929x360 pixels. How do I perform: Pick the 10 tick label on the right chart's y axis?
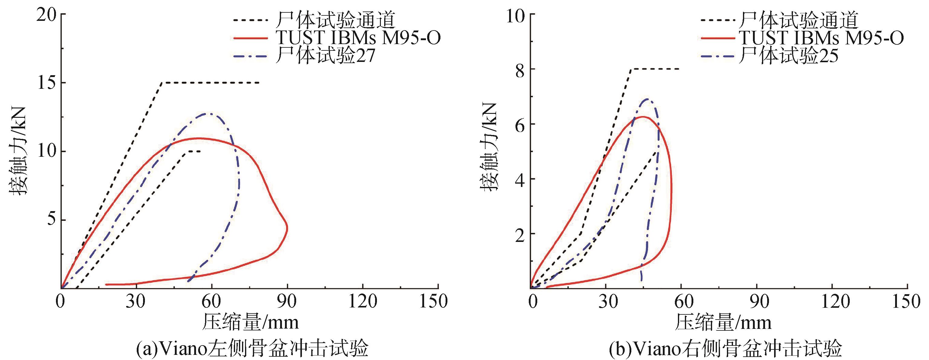pos(516,15)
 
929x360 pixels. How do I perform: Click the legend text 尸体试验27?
pos(325,56)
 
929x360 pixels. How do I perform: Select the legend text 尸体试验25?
pos(788,56)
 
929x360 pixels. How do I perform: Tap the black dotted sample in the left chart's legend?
pos(251,20)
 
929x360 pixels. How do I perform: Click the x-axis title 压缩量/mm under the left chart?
pos(250,322)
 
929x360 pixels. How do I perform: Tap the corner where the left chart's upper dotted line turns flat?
pos(161,83)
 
